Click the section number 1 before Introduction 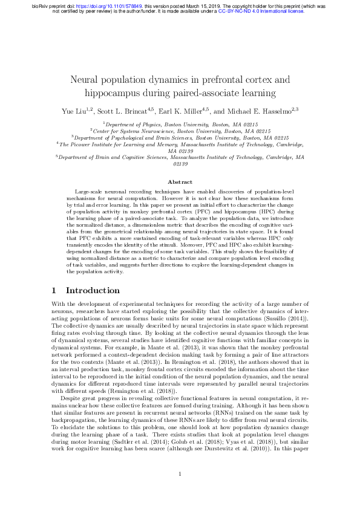pyautogui.click(x=55, y=291)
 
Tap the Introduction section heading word pyautogui.click(x=93, y=291)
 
